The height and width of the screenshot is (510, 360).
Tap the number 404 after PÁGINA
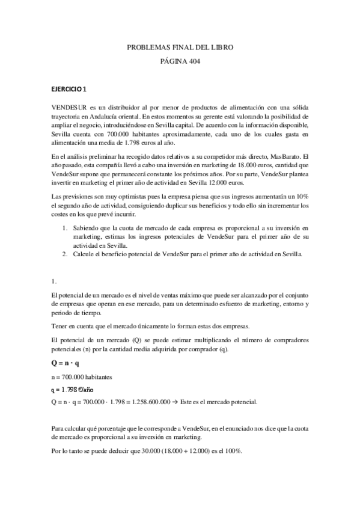192,61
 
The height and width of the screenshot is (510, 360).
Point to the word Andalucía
123,115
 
